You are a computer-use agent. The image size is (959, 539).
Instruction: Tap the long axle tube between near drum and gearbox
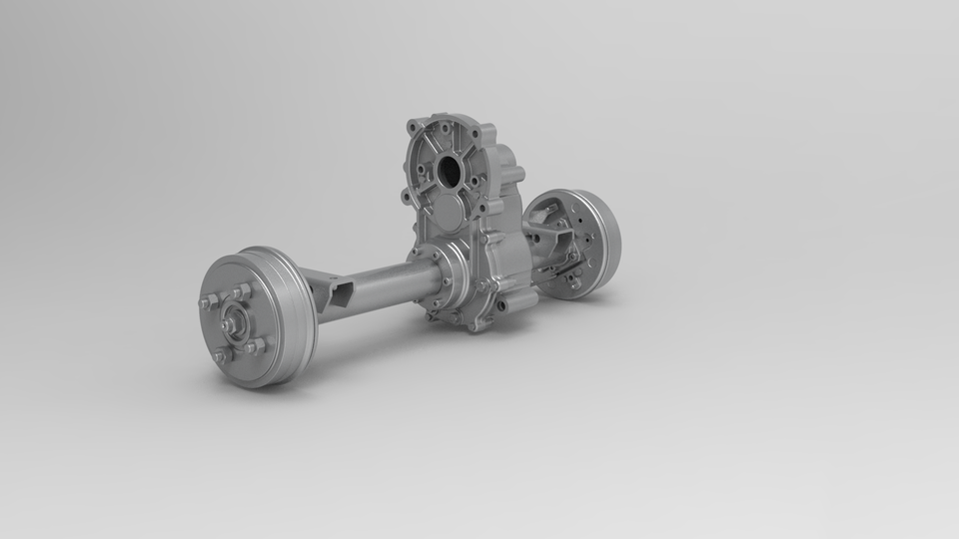(385, 284)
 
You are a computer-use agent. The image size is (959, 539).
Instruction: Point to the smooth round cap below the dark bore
(448, 213)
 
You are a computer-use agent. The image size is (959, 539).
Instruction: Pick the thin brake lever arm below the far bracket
(559, 270)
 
